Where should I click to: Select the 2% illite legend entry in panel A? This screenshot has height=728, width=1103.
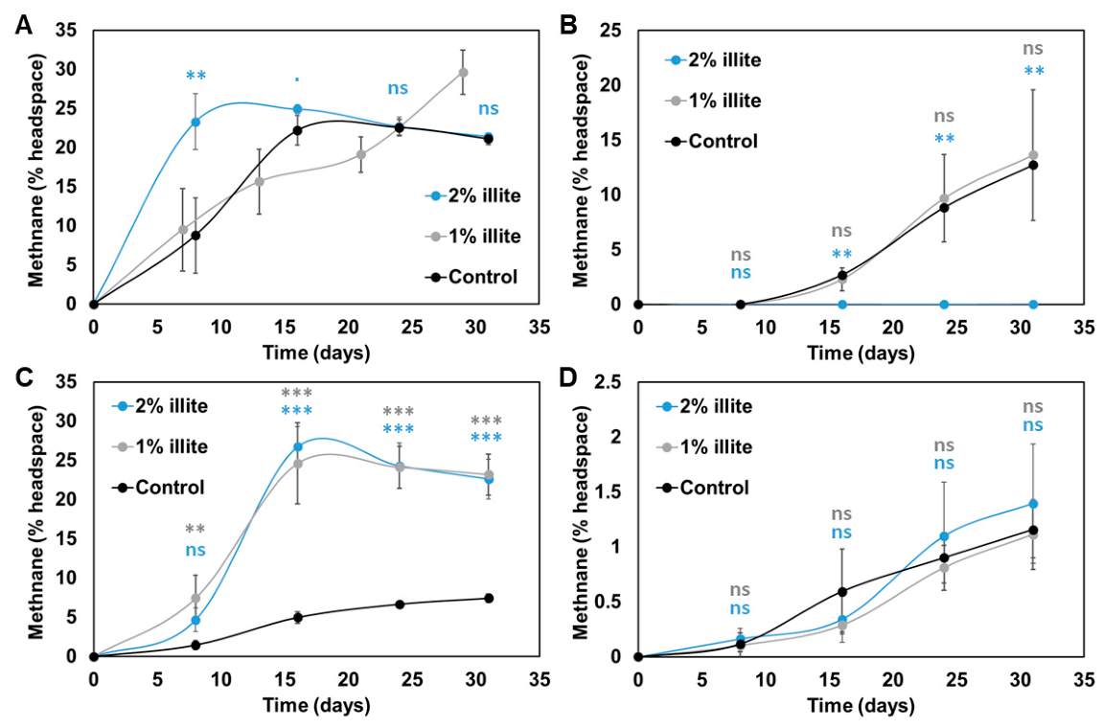(x=472, y=195)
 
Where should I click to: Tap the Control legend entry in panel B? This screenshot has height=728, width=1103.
(x=711, y=141)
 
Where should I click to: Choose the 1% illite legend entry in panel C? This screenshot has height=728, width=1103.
(x=160, y=446)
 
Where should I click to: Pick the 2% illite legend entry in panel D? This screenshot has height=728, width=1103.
(x=704, y=406)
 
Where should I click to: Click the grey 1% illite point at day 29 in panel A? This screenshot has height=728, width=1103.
(x=463, y=73)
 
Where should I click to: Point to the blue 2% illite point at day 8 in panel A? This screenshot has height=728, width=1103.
(x=195, y=122)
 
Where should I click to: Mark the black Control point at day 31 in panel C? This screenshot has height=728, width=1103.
(x=488, y=598)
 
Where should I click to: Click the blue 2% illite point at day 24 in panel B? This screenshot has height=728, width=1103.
(x=944, y=305)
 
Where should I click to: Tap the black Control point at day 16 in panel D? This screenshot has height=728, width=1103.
(x=842, y=592)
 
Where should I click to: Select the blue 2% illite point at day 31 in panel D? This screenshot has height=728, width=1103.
(x=1033, y=504)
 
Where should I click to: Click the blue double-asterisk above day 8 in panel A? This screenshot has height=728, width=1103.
(x=195, y=76)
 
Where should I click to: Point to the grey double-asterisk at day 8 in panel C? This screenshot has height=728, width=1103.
(x=195, y=529)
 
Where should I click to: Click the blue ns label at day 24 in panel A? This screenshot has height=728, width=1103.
(x=398, y=89)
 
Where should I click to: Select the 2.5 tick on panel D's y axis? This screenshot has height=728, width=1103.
(x=607, y=383)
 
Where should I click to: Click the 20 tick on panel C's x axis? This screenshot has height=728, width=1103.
(x=349, y=679)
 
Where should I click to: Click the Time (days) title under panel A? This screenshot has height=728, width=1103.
(x=316, y=352)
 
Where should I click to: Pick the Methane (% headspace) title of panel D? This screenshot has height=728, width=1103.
(x=581, y=523)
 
